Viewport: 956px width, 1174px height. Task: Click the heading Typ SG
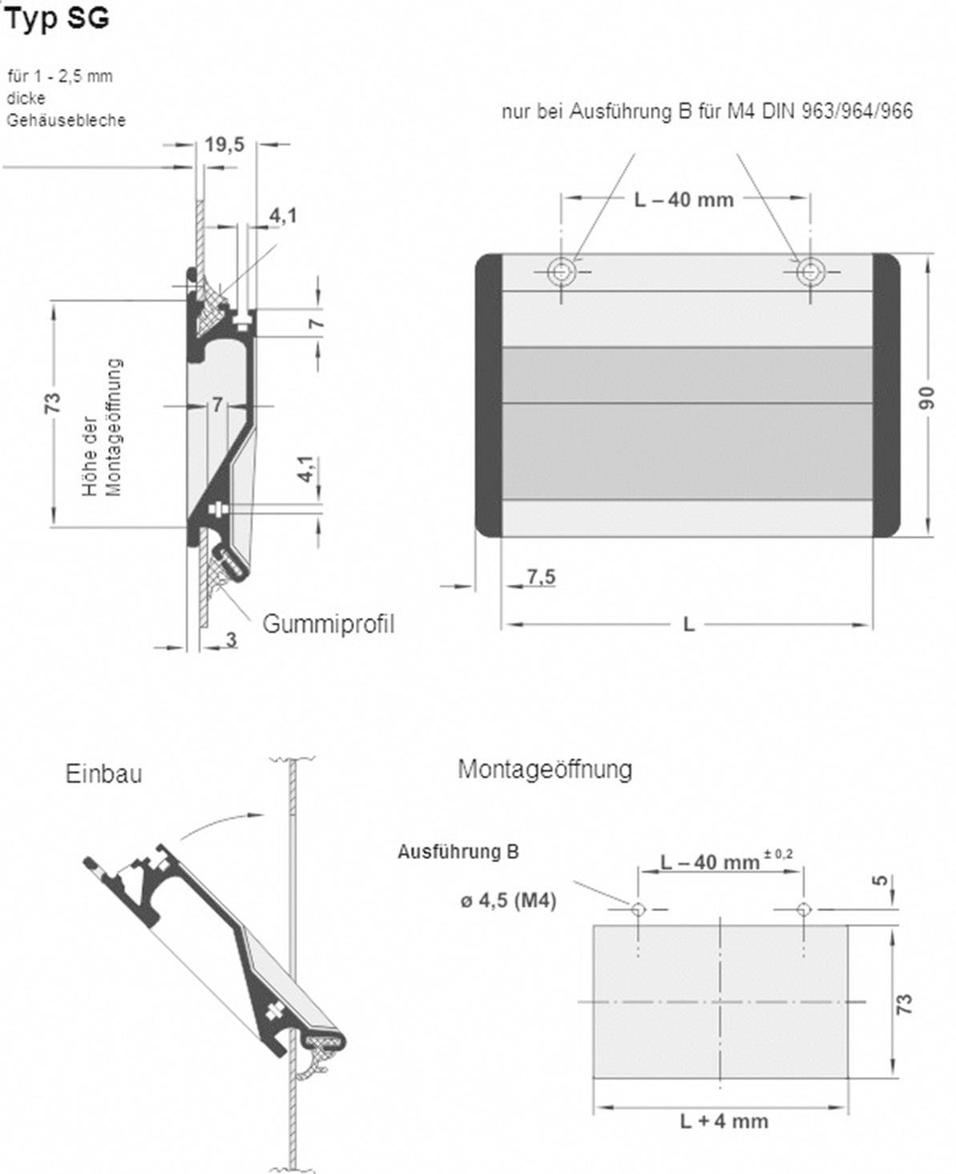[56, 19]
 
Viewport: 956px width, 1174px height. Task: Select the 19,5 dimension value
[224, 144]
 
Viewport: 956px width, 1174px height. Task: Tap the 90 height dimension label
[926, 397]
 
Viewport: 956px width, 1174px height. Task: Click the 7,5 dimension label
[541, 576]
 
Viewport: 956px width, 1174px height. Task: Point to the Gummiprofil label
[328, 624]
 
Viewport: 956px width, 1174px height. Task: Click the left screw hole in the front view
[562, 272]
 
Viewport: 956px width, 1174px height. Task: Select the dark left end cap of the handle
[488, 395]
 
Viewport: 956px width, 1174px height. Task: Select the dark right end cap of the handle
[885, 395]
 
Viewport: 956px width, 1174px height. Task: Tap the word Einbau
[103, 774]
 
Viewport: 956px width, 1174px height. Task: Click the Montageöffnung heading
[544, 769]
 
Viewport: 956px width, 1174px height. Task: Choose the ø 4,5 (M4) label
[508, 901]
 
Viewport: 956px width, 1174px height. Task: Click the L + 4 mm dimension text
[724, 1120]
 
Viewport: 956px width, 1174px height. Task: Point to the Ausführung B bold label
[458, 852]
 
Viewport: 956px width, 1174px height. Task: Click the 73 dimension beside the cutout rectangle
[903, 1003]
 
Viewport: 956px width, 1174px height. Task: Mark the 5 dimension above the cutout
[881, 881]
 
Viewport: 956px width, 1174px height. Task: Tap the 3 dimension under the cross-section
[231, 639]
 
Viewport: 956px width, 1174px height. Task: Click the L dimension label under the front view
[688, 624]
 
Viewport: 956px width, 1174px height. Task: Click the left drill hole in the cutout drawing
[639, 910]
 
